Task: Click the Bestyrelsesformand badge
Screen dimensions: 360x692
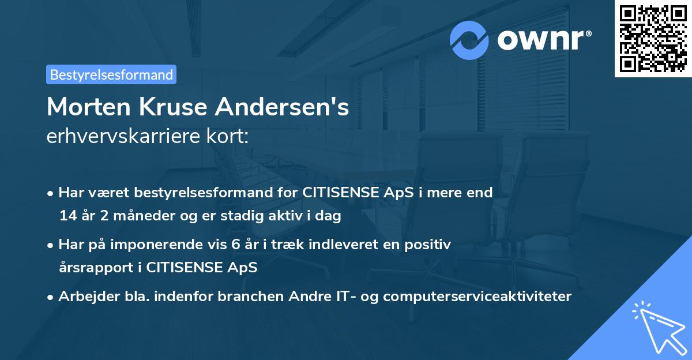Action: coord(111,74)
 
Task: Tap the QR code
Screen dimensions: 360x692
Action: coord(653,38)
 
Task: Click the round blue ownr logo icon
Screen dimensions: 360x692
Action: coord(470,40)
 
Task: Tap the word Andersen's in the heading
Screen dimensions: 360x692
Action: coord(285,107)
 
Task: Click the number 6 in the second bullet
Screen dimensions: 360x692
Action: coord(235,245)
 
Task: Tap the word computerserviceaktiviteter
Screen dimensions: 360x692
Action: coord(477,297)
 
